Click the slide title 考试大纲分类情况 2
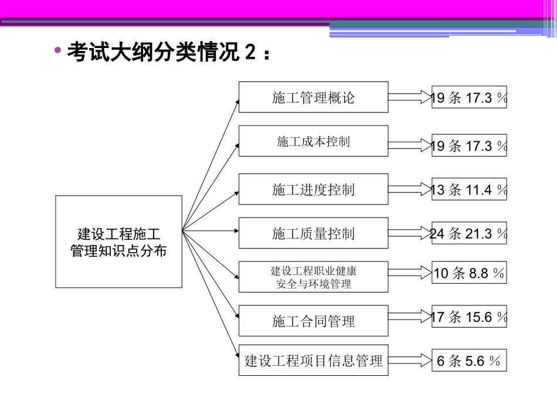[x=169, y=52]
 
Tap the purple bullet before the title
[x=57, y=51]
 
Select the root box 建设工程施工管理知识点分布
[x=118, y=242]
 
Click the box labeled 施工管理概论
[x=313, y=97]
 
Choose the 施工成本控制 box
[x=313, y=141]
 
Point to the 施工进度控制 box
[x=313, y=189]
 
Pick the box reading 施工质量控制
[x=313, y=233]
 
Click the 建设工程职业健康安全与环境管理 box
[x=313, y=277]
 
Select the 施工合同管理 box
[x=313, y=321]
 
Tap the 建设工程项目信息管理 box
[x=313, y=360]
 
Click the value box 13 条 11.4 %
[x=469, y=189]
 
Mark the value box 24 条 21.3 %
[x=469, y=233]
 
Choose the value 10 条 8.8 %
[x=469, y=273]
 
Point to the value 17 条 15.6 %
[x=469, y=317]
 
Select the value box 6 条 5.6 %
[x=469, y=361]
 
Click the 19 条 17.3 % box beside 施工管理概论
[x=469, y=97]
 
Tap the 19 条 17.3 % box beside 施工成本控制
[x=469, y=145]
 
